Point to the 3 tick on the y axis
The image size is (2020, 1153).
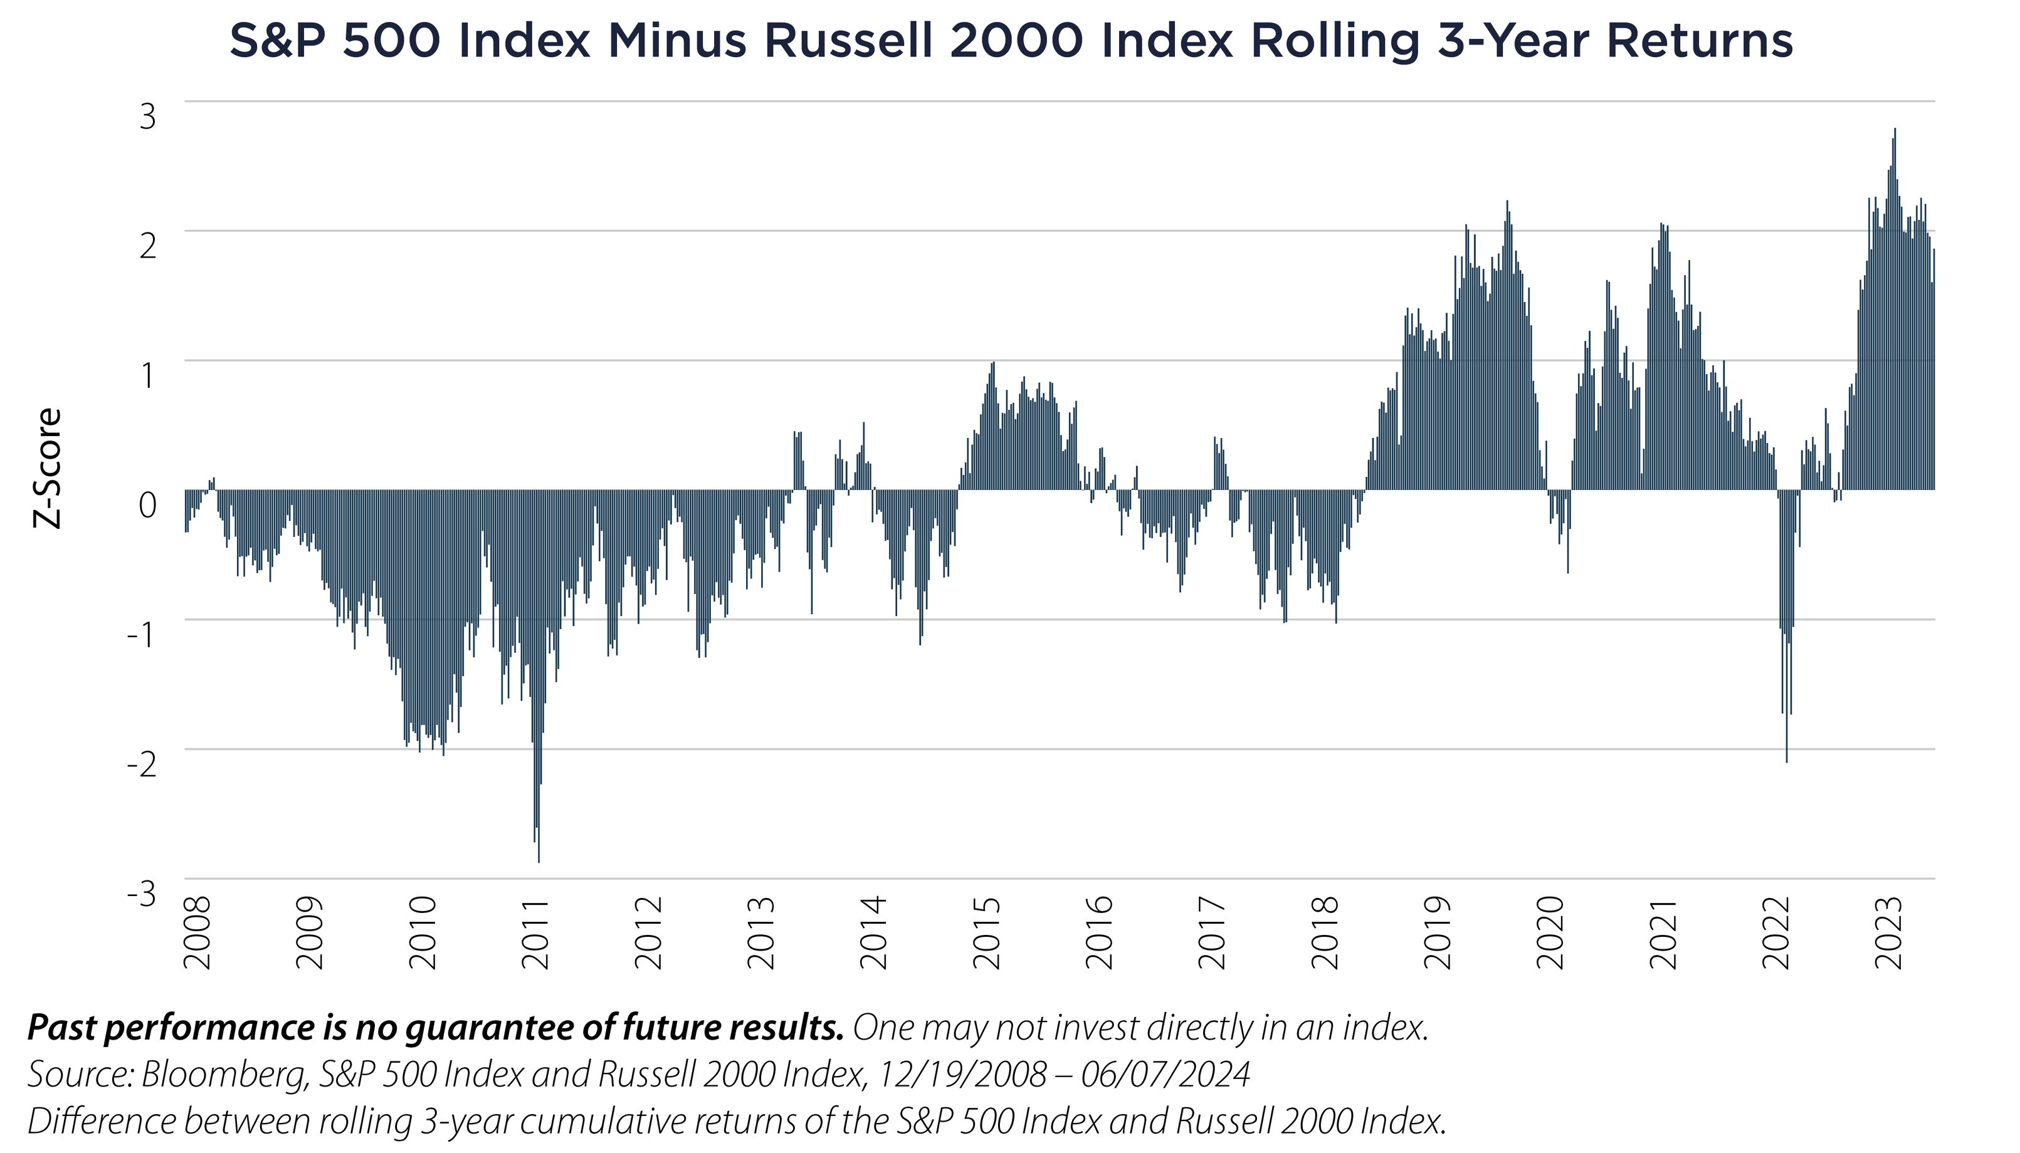pyautogui.click(x=148, y=117)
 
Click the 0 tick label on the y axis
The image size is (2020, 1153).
pyautogui.click(x=148, y=505)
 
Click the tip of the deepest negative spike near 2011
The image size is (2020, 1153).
pyautogui.click(x=539, y=861)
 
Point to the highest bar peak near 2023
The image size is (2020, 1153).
pyautogui.click(x=1895, y=130)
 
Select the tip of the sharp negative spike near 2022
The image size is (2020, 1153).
pyautogui.click(x=1786, y=761)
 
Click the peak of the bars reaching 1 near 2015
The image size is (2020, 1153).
pyautogui.click(x=992, y=363)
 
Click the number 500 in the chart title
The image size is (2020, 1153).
pyautogui.click(x=391, y=41)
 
